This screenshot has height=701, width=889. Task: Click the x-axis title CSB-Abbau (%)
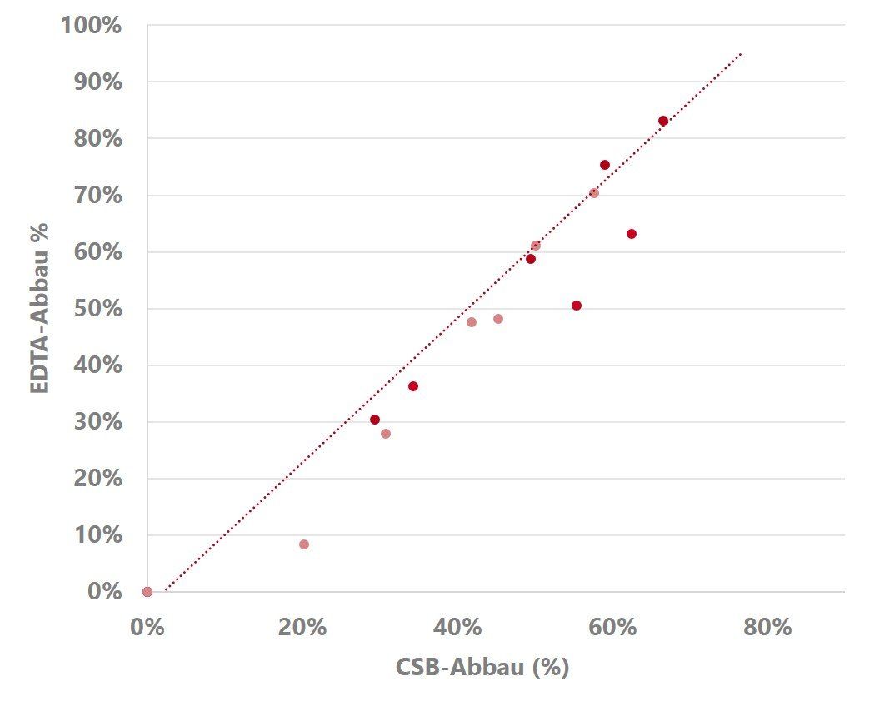[482, 667]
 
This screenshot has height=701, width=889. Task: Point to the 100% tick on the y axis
[91, 25]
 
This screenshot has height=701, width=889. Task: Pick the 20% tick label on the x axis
[302, 627]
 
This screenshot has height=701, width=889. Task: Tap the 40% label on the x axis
[457, 627]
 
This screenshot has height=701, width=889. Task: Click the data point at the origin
[147, 592]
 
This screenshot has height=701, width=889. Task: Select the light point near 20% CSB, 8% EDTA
[304, 544]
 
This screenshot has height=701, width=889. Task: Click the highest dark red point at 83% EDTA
[663, 121]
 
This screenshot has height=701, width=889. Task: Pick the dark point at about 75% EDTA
[605, 165]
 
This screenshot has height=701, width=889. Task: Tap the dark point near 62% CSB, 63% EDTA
[632, 234]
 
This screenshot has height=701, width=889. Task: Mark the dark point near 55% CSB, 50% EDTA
[577, 306]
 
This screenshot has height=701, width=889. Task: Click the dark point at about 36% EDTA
[413, 386]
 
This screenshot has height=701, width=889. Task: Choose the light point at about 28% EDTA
[386, 434]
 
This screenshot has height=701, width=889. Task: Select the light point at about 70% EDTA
[594, 193]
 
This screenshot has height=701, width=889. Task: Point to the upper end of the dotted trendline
[741, 54]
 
